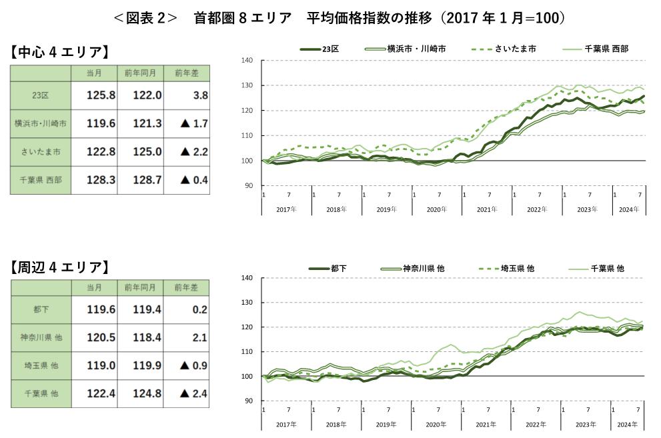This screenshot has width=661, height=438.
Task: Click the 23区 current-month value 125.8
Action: tap(101, 95)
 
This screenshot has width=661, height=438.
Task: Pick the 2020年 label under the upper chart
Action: tap(437, 209)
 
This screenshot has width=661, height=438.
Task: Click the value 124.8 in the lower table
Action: tap(147, 394)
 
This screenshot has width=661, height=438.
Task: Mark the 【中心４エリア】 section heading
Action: tap(59, 53)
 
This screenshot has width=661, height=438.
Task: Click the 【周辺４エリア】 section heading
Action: tap(59, 268)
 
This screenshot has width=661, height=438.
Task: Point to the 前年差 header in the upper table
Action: tap(186, 73)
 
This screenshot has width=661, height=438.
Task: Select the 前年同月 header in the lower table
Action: tap(140, 287)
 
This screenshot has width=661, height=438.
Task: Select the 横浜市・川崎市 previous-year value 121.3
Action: tap(147, 123)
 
